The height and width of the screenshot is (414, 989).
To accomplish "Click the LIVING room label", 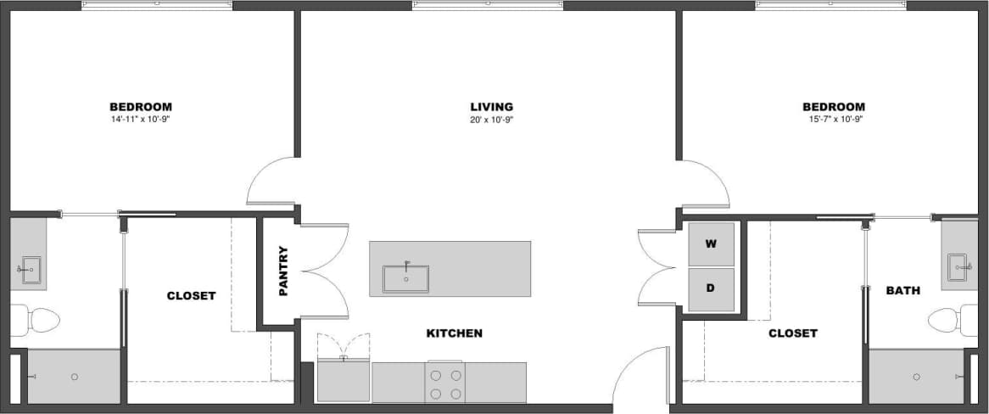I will (491, 107).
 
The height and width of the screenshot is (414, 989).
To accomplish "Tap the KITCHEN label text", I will (454, 333).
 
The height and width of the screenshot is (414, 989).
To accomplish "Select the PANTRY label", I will (284, 271).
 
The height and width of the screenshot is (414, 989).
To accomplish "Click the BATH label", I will (902, 291).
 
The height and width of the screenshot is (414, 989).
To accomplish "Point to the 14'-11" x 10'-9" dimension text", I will (141, 120).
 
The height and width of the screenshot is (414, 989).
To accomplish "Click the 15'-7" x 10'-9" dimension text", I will (834, 120).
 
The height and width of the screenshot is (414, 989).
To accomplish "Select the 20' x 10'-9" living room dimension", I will (491, 120).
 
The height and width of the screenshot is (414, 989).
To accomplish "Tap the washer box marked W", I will (711, 244).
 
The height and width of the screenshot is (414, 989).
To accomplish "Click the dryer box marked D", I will (711, 288).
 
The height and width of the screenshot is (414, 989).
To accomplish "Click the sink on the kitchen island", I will (405, 278).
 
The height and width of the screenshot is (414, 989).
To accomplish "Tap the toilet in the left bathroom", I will (39, 320).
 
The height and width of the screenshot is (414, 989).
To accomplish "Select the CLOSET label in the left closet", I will (191, 296).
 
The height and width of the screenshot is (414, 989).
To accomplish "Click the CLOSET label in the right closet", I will (792, 333).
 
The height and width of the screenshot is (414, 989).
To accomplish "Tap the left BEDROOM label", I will (141, 107).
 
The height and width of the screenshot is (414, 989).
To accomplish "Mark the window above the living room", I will (488, 5).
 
